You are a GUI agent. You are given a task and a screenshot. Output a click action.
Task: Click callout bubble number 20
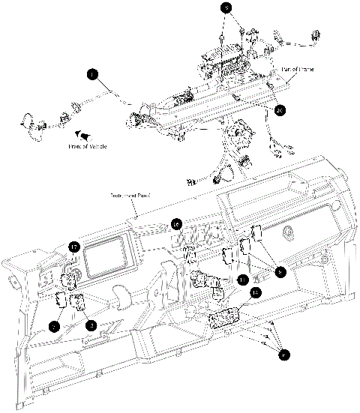pyautogui.click(x=280, y=110)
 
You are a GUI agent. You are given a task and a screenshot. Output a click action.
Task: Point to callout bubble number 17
pyautogui.click(x=74, y=247)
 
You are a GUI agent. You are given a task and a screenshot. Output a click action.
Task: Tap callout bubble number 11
pyautogui.click(x=241, y=280)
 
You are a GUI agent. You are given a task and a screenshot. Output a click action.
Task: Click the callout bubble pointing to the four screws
pyautogui.click(x=282, y=356)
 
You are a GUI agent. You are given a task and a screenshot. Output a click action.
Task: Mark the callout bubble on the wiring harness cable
pyautogui.click(x=91, y=74)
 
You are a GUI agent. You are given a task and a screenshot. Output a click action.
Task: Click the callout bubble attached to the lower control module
pyautogui.click(x=254, y=295)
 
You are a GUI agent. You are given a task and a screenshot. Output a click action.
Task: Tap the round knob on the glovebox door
pyautogui.click(x=288, y=234)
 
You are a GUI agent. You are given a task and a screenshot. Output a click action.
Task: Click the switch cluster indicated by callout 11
pyautogui.click(x=207, y=283)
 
